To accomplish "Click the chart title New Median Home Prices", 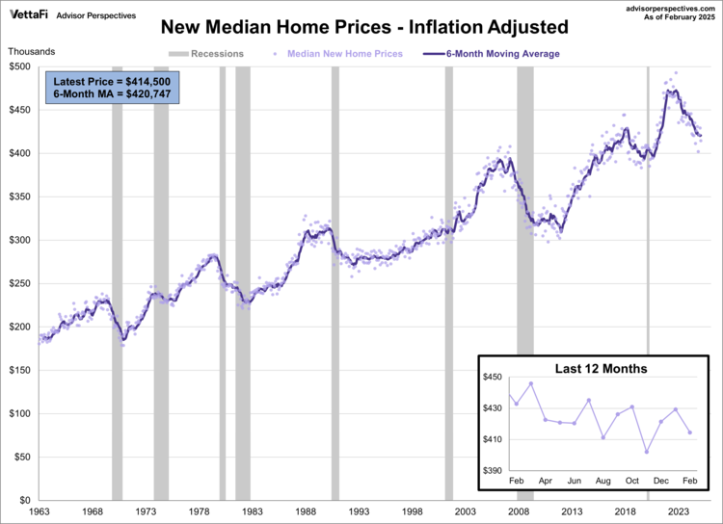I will pos(362,27).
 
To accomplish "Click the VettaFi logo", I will pos(30,14).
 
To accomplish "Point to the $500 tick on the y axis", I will pos(18,66).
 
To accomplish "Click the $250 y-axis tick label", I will pos(18,283).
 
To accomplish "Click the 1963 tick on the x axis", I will pos(40,513).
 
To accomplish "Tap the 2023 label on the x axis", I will pos(678,513).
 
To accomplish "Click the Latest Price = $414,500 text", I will pos(112,81).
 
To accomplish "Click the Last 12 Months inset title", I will pos(601,369).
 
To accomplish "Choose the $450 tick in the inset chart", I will pos(494,377).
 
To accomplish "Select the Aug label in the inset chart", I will pos(603,479).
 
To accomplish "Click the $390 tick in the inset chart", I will pos(494,470).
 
